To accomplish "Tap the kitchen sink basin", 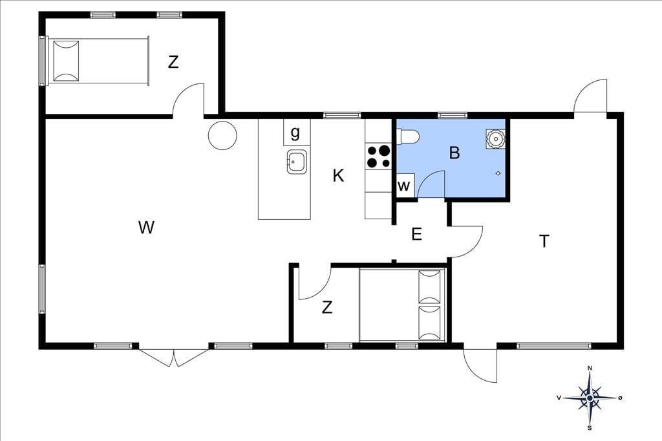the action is (x=297, y=162).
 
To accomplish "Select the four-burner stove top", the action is (x=378, y=156).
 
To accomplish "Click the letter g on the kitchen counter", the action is (x=295, y=133).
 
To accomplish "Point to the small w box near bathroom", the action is (x=404, y=186).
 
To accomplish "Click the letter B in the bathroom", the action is (x=454, y=153).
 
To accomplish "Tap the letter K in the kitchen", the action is (x=338, y=175).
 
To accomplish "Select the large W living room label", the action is (x=146, y=228).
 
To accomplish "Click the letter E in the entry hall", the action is (x=417, y=233).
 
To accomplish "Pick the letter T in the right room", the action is (x=544, y=241).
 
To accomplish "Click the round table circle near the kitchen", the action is (x=222, y=135).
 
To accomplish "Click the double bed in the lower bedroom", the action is (x=402, y=305).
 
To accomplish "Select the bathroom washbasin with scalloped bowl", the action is (x=495, y=138).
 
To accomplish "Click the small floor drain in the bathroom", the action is (x=498, y=173).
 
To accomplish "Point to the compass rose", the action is (x=590, y=398).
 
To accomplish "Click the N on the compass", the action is (x=590, y=369).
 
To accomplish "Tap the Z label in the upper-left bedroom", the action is (x=173, y=63).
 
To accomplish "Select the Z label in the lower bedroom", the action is (x=326, y=308).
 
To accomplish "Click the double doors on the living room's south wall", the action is (x=174, y=358).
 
